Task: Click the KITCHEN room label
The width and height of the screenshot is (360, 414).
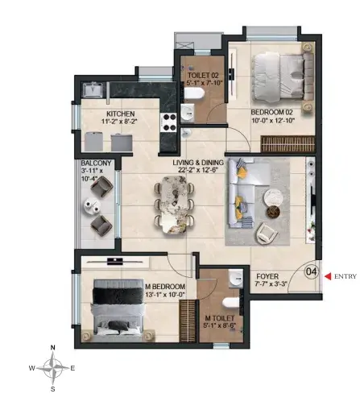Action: [x=121, y=114]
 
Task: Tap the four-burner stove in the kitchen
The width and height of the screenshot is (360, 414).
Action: [x=168, y=122]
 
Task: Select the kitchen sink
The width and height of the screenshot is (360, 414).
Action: [x=93, y=89]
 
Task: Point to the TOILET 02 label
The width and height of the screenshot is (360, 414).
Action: [x=203, y=76]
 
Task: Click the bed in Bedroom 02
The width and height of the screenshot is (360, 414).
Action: [x=283, y=77]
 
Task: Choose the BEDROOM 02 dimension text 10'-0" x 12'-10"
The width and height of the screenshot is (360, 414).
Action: [x=273, y=120]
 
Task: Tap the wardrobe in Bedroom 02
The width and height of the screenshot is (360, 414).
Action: [x=288, y=144]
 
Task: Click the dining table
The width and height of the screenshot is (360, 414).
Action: [x=174, y=205]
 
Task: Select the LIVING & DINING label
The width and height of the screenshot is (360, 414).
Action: [x=198, y=163]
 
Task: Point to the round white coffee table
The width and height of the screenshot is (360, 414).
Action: [x=274, y=198]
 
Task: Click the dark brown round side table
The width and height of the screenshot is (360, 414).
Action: [x=273, y=212]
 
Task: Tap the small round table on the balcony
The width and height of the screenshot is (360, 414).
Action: [x=92, y=206]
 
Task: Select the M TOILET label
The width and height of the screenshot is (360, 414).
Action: [x=219, y=318]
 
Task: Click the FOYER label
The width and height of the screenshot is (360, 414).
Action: [x=267, y=276]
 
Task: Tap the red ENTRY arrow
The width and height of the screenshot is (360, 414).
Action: [x=328, y=276]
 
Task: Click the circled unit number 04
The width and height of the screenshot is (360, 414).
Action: [x=311, y=271]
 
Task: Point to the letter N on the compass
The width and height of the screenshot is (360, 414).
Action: [x=53, y=347]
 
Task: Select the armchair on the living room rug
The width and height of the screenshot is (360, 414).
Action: [x=267, y=233]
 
